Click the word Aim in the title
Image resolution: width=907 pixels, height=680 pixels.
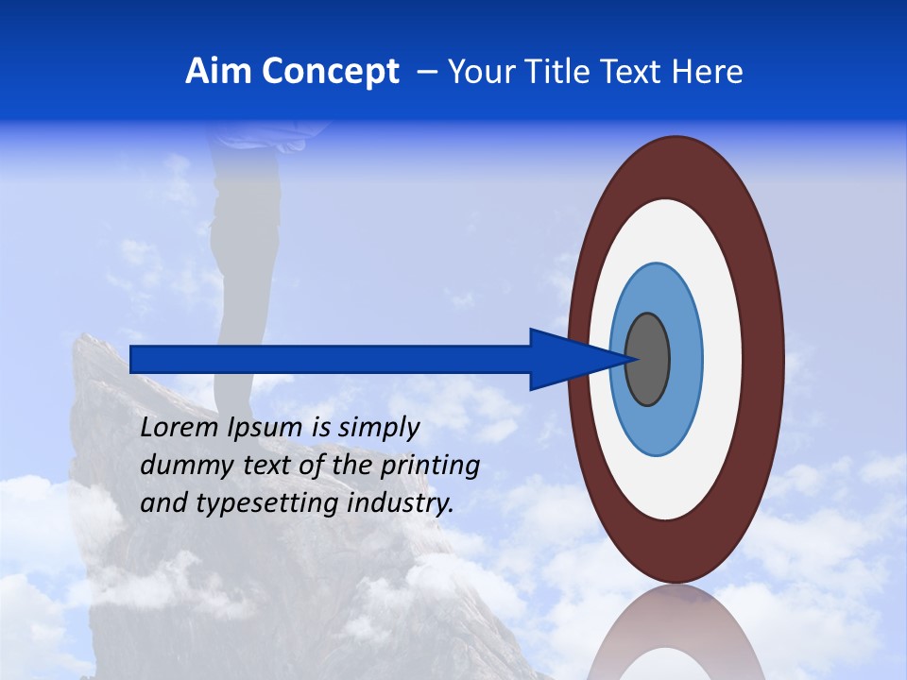point(218,72)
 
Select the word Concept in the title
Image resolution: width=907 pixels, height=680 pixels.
point(330,72)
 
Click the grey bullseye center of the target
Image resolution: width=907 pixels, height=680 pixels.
point(648,360)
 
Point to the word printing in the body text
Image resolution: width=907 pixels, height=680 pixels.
point(430,467)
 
